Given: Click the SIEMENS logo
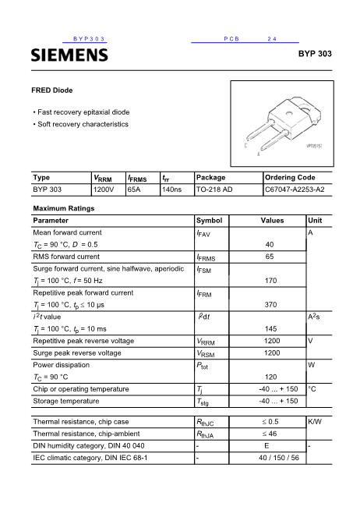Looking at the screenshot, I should tap(69, 55).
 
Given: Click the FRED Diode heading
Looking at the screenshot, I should tap(52, 90).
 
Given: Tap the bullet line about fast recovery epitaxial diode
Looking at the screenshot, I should tap(81, 112).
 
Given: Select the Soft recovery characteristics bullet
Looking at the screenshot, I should tap(81, 125).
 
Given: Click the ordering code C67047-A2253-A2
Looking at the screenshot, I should tap(295, 189).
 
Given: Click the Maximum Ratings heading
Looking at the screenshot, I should tap(63, 209).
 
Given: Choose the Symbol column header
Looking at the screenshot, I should tap(209, 221).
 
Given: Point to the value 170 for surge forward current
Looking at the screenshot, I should tap(271, 281).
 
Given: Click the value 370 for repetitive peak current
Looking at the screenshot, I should tap(271, 305).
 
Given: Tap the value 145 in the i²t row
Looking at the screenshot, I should tap(271, 328).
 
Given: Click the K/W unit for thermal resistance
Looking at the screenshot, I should tap(315, 422).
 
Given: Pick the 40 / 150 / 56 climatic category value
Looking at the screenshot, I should tap(278, 458).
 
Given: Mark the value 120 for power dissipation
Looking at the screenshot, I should tap(271, 377).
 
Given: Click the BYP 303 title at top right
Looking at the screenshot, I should tap(315, 55).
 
